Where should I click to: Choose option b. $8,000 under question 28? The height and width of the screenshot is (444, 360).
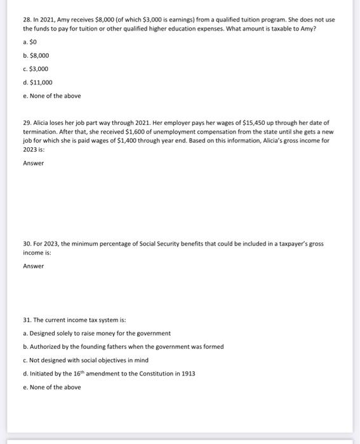tap(35, 55)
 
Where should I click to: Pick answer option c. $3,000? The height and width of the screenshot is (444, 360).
tap(35, 69)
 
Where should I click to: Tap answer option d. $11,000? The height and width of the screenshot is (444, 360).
tap(37, 82)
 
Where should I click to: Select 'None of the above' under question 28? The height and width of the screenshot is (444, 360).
tap(51, 96)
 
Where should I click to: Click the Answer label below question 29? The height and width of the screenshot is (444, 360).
tap(33, 163)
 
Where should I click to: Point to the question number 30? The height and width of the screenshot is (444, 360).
tap(27, 244)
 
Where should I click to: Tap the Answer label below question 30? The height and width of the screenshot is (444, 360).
tap(33, 266)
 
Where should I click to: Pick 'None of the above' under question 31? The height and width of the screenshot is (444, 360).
tap(51, 387)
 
